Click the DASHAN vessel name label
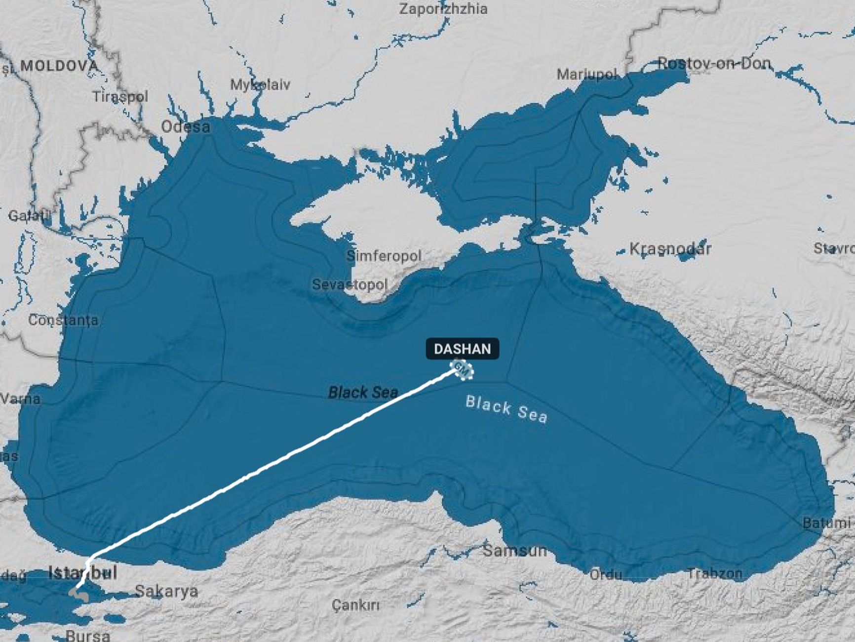(x=462, y=349)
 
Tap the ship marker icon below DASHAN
(x=463, y=369)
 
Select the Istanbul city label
(x=82, y=573)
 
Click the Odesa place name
(x=186, y=127)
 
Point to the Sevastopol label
(x=350, y=284)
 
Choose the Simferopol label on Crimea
(x=384, y=256)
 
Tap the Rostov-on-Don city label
(x=714, y=63)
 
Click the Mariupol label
(x=586, y=75)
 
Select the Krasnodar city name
(x=670, y=248)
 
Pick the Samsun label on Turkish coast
(x=514, y=550)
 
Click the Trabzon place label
(x=714, y=573)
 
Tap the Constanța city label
(x=63, y=320)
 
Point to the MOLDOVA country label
(x=59, y=66)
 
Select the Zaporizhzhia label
(x=443, y=9)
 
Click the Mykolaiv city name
(x=260, y=84)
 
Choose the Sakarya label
(x=166, y=591)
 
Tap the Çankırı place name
(x=355, y=604)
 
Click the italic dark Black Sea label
(x=363, y=393)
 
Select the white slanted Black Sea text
(x=506, y=409)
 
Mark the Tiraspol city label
(x=120, y=96)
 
